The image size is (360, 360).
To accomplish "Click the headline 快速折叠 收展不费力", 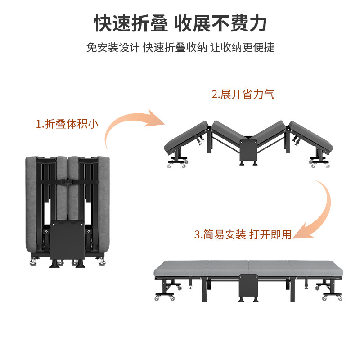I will click(x=180, y=22).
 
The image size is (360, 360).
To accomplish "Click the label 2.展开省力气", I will click(x=243, y=94).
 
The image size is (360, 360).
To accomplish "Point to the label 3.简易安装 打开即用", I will click(x=243, y=234).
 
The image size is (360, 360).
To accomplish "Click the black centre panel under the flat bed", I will click(x=248, y=288).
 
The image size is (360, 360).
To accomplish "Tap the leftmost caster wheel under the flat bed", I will click(x=158, y=298).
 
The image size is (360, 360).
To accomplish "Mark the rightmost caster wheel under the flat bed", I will click(x=339, y=298).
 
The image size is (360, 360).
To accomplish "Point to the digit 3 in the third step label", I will click(x=197, y=234).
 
